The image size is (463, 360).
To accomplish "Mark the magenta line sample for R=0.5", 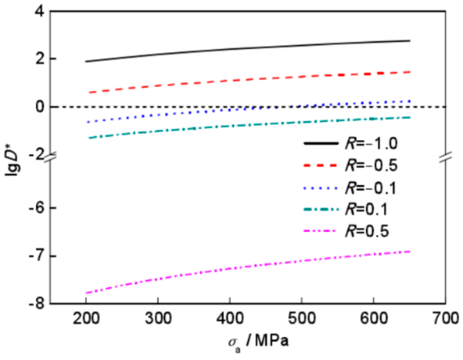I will pos(320,231).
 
